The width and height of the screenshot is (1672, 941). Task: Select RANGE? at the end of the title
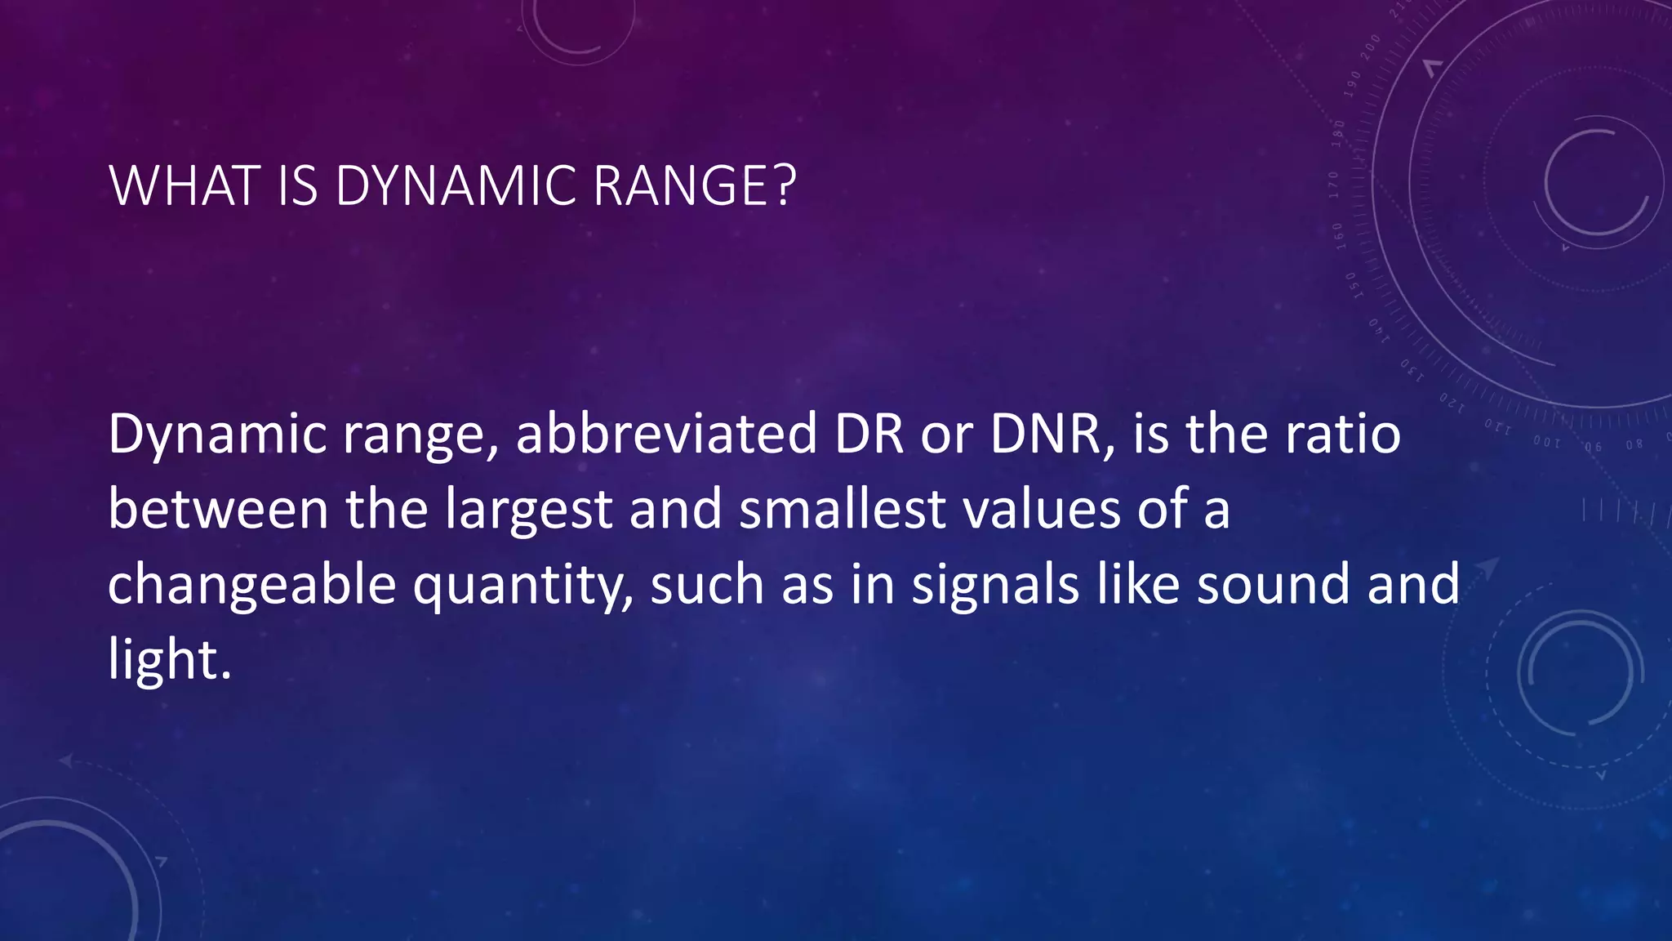(x=694, y=186)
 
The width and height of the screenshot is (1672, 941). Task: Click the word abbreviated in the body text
(x=666, y=434)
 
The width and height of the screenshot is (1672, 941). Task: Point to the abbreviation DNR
(x=1052, y=434)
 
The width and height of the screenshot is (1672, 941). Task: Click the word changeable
(x=251, y=586)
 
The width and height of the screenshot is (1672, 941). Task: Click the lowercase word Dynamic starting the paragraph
(x=217, y=435)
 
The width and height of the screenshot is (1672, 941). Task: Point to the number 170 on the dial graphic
(x=1334, y=185)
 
